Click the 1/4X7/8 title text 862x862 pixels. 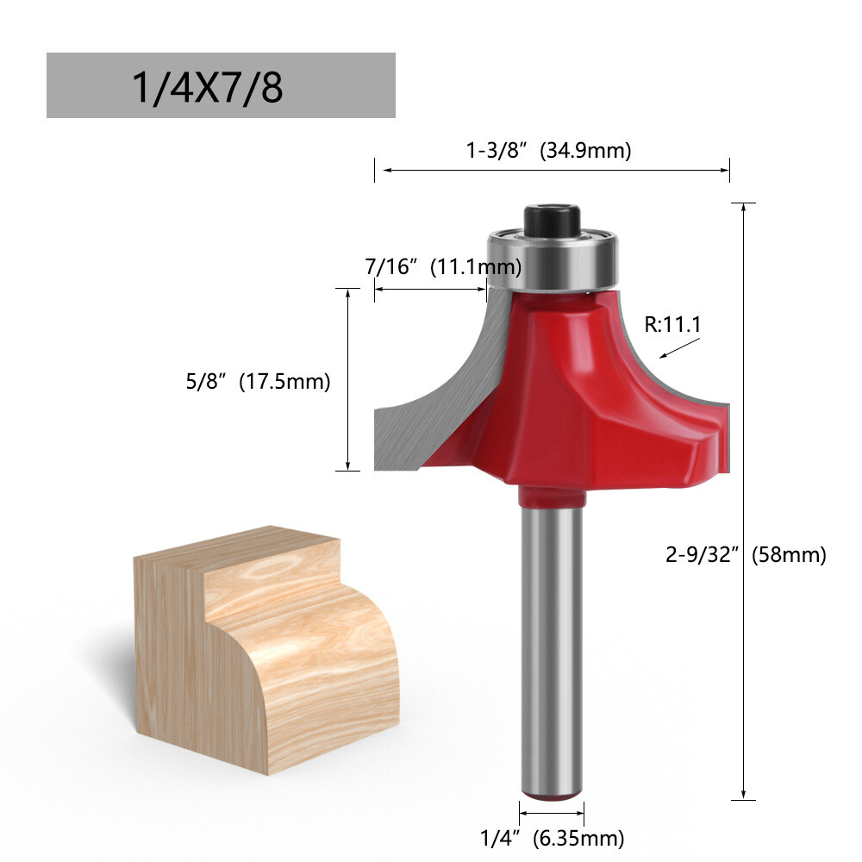click(x=207, y=87)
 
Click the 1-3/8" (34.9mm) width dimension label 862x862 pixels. click(x=549, y=151)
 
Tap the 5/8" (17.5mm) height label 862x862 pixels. click(x=258, y=381)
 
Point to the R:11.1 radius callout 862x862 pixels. click(x=673, y=324)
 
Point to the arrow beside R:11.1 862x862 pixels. click(x=678, y=348)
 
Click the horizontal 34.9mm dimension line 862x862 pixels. click(x=552, y=170)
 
